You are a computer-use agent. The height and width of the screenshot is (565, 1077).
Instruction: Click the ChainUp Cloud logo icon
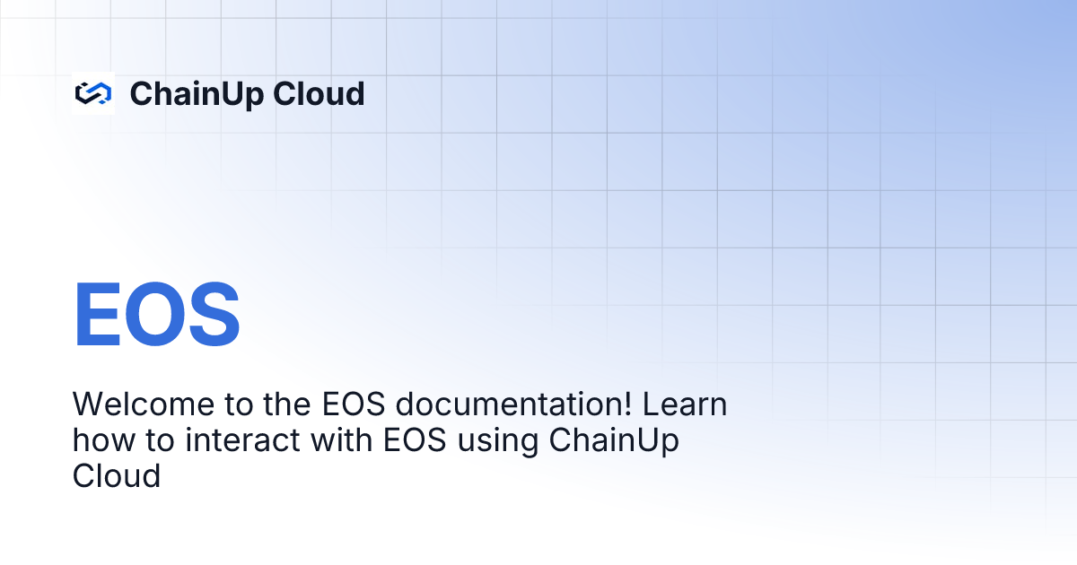point(92,93)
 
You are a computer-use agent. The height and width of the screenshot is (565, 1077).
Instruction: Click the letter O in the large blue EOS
point(155,316)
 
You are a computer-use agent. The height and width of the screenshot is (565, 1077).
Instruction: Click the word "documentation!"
point(512,404)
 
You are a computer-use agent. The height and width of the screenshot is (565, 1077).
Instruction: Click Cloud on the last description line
point(116,475)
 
